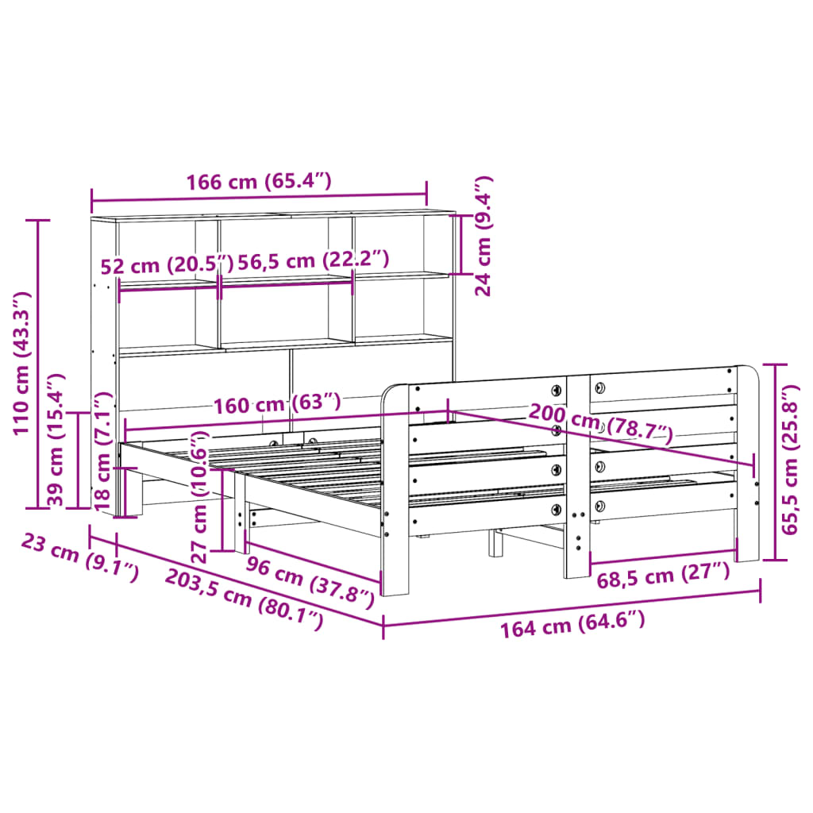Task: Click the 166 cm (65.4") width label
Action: point(258,182)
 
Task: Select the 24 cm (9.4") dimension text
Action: point(484,236)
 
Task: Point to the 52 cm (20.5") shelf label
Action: point(168,264)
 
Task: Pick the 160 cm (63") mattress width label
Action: point(276,404)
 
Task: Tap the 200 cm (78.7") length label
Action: point(600,424)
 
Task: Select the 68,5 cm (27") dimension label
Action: point(662,575)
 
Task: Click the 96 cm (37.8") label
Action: point(309,579)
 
